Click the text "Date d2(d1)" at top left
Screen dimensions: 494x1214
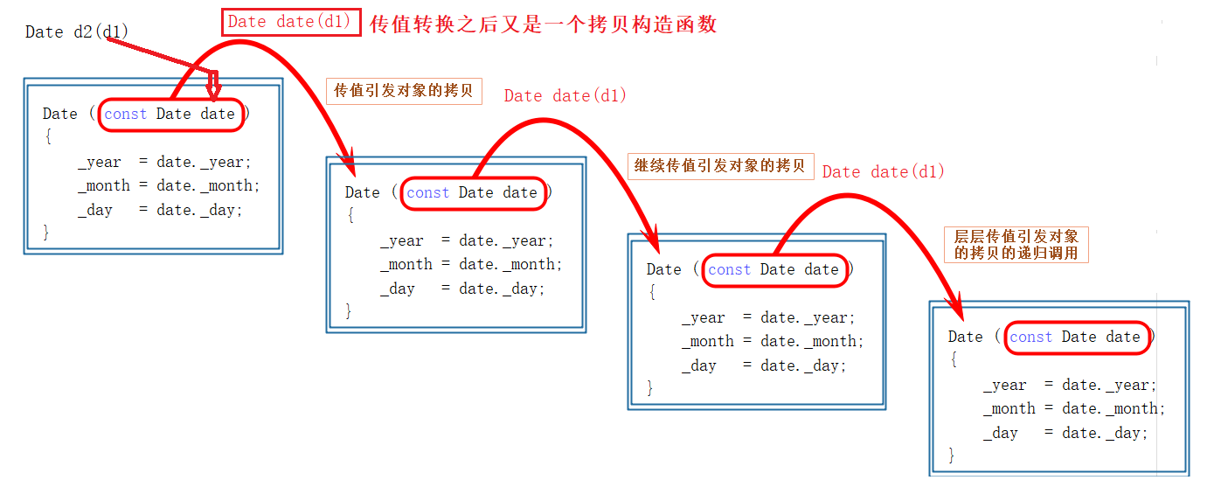77,32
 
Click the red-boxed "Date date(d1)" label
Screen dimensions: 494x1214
291,23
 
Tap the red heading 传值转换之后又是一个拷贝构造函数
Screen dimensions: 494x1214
543,24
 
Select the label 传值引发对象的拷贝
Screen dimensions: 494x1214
404,91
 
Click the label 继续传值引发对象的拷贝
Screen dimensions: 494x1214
720,165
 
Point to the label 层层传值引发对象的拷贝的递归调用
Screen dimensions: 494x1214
1016,245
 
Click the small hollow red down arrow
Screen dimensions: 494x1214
212,86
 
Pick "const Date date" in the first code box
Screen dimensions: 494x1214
170,115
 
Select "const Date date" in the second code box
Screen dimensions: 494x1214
472,193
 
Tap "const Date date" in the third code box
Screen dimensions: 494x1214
773,270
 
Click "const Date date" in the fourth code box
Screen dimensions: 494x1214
1075,337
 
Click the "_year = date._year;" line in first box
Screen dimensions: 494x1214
164,162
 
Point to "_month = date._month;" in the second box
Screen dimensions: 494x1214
471,265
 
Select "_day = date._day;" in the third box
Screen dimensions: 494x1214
764,366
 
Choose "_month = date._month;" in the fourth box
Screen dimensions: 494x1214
1074,409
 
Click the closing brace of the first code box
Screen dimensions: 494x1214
46,232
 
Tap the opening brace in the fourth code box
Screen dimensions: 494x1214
953,359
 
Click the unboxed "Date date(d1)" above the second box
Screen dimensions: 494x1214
565,96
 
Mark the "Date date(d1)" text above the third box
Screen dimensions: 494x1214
884,172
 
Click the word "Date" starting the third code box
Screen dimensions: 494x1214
663,270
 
